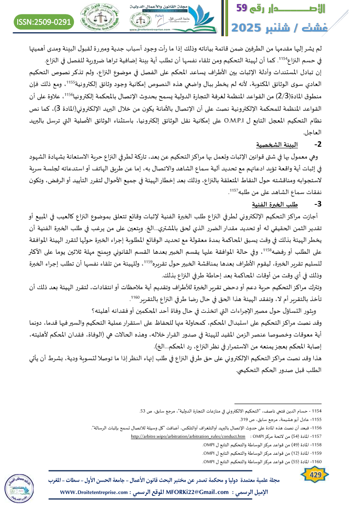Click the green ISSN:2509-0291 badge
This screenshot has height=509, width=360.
(44, 21)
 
